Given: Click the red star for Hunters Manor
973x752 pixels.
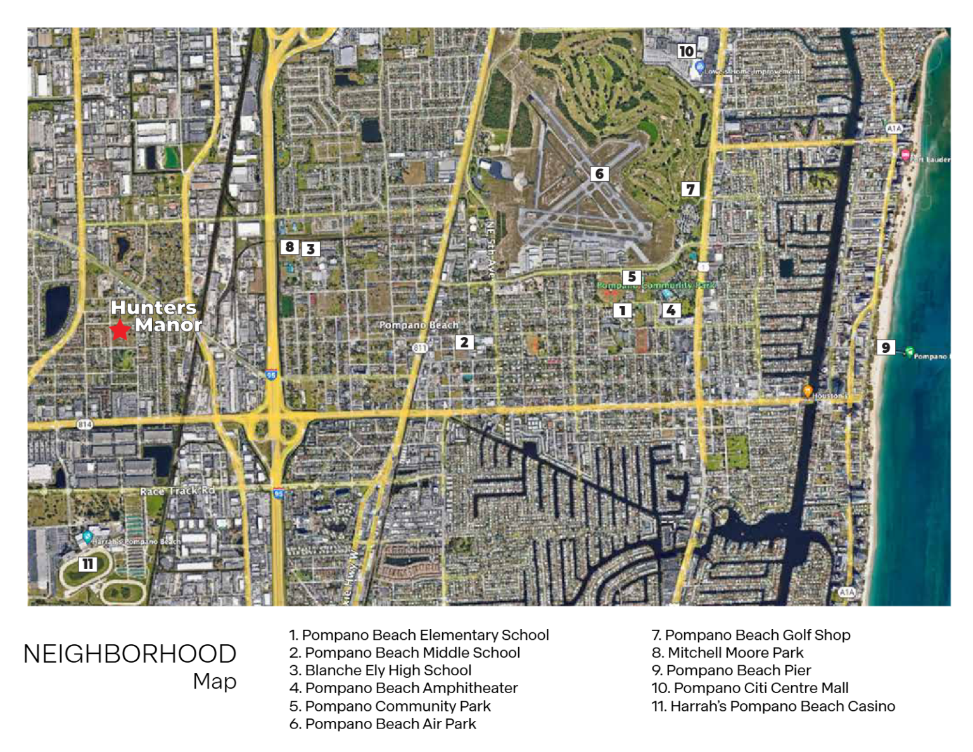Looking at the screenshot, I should [x=120, y=329].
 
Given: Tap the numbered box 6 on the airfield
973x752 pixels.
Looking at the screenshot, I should [x=599, y=174].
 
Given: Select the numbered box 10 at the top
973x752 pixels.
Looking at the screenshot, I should [x=686, y=51].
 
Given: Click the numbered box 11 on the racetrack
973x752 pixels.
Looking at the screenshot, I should [x=87, y=564].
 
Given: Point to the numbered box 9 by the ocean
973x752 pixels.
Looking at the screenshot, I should [x=886, y=347].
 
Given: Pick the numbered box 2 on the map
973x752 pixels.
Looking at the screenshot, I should [x=464, y=343].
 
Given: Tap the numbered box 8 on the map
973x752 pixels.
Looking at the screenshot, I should [x=289, y=247].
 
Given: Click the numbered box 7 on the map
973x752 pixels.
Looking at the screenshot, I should [x=690, y=189].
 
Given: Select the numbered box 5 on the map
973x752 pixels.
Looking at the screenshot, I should [x=631, y=277].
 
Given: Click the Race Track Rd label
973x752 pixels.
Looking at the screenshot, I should [x=177, y=491].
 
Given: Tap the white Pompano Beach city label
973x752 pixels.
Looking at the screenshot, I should [x=419, y=325].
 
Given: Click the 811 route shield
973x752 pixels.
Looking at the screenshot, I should [x=419, y=348].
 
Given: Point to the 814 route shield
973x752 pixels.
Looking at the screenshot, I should [x=85, y=424].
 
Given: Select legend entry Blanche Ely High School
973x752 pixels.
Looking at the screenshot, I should [x=380, y=670].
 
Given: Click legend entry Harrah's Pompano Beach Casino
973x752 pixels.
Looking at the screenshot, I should [x=773, y=706].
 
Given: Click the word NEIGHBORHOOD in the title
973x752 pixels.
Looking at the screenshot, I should [x=130, y=654].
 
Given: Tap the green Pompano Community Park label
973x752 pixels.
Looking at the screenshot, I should [x=656, y=286].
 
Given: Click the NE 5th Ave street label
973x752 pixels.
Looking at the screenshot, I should [x=489, y=250].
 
